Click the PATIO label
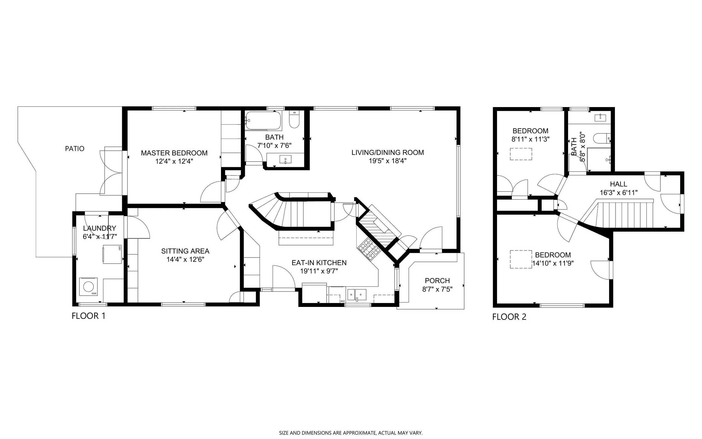[74, 149]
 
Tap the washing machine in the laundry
[88, 287]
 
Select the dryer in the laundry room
[112, 254]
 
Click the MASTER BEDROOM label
[174, 153]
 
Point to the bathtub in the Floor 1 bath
[263, 121]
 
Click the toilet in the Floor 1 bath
[294, 120]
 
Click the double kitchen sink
[357, 295]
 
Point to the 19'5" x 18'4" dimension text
[388, 161]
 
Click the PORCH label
[437, 281]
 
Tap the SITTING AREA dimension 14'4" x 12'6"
[185, 259]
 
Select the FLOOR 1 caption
[88, 316]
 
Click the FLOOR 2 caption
[509, 317]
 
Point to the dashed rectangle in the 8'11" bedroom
[521, 154]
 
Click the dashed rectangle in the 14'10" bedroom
[521, 259]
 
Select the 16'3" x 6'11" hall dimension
[619, 193]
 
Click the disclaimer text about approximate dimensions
[351, 433]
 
